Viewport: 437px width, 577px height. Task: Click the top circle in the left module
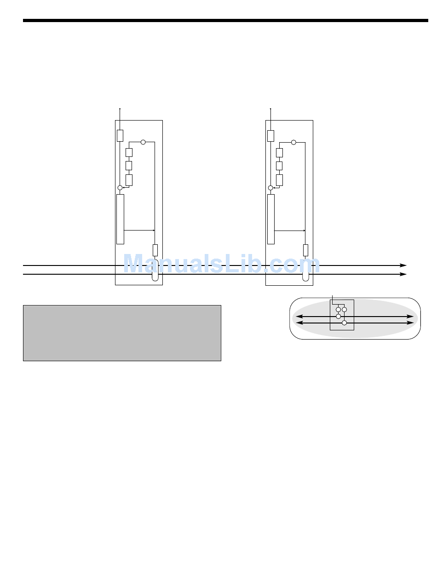click(x=143, y=142)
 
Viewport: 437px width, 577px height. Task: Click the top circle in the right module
click(x=293, y=142)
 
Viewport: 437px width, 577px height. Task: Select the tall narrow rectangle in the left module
click(x=120, y=219)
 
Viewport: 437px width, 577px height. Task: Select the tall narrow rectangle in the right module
click(x=271, y=219)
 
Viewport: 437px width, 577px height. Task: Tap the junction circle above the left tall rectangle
click(x=120, y=188)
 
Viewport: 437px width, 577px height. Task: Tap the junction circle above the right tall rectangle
click(x=270, y=188)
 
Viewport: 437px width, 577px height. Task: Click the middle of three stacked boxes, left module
click(x=129, y=166)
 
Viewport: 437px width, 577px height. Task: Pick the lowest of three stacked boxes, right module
click(x=279, y=180)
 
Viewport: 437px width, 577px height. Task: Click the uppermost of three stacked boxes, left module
click(x=129, y=152)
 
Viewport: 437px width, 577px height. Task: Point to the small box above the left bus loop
click(x=155, y=250)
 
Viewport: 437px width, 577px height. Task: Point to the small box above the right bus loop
click(x=305, y=250)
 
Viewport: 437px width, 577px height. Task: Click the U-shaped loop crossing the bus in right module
click(x=305, y=271)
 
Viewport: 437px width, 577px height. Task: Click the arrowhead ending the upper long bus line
click(x=403, y=265)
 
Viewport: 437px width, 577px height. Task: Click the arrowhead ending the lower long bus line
click(x=403, y=274)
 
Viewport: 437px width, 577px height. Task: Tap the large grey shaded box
click(x=122, y=333)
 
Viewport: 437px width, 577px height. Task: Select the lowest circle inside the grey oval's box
click(x=344, y=323)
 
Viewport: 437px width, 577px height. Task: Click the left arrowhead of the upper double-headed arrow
click(x=299, y=317)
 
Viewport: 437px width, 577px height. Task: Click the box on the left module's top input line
click(x=120, y=136)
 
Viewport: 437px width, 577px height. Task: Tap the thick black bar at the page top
click(x=225, y=21)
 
